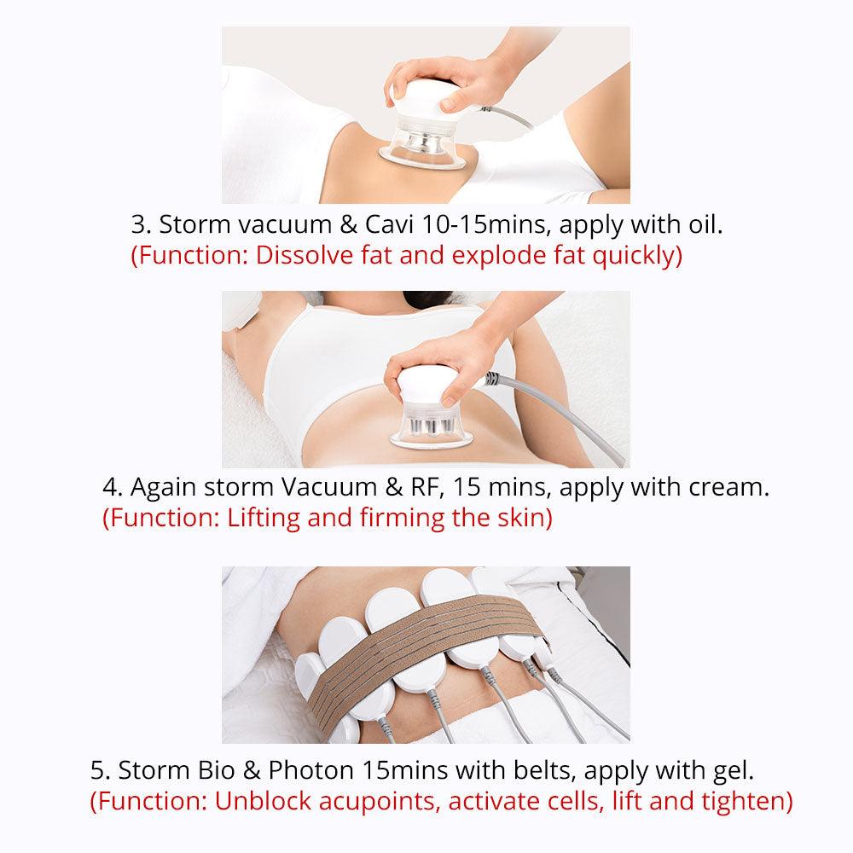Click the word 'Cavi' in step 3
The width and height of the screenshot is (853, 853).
[x=389, y=224]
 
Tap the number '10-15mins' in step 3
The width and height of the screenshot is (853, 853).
[x=486, y=224]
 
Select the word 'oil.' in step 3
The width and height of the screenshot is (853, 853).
[x=705, y=224]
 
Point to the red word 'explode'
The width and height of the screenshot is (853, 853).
[x=499, y=256]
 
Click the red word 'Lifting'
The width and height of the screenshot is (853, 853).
[x=264, y=518]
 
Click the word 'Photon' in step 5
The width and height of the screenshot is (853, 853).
[x=310, y=770]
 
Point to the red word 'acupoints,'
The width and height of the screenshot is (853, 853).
[x=380, y=801]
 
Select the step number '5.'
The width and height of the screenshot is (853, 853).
[x=101, y=770]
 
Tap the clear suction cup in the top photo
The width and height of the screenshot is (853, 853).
[x=421, y=149]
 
